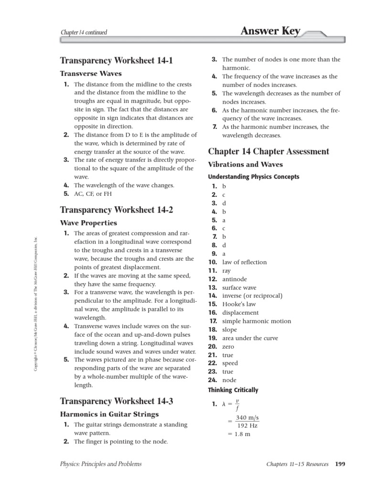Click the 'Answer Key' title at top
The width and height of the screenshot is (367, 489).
tap(270, 32)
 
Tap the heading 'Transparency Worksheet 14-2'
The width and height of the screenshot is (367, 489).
tap(116, 210)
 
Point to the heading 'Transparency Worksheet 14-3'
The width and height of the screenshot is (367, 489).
tap(116, 401)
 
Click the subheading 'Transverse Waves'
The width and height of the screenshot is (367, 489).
tap(90, 74)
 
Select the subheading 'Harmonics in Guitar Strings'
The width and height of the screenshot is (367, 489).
tap(109, 414)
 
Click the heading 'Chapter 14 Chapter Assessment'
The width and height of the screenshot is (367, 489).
tap(269, 151)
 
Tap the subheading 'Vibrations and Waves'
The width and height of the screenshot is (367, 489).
tap(246, 164)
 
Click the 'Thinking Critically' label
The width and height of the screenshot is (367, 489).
tap(233, 390)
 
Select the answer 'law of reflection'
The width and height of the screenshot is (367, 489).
tap(244, 262)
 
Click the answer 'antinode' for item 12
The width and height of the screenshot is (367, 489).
tap(234, 279)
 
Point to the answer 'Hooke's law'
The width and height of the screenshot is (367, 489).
tap(238, 304)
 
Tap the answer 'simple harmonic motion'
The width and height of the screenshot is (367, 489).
tap(256, 321)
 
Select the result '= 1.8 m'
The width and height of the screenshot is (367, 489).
tap(238, 434)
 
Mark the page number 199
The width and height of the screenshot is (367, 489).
tap(340, 463)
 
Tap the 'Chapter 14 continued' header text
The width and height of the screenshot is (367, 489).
tap(84, 32)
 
